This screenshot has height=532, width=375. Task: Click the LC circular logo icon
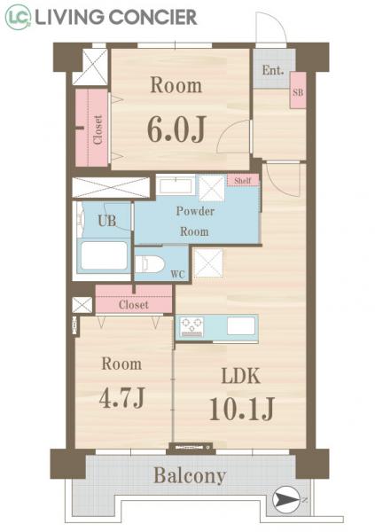18,17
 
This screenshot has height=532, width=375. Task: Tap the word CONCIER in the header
152,18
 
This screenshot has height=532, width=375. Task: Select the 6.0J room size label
176,129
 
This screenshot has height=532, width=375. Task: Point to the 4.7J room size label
122,397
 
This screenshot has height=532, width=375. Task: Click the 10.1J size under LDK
242,408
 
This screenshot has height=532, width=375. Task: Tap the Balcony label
190,475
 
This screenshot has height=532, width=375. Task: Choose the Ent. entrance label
273,70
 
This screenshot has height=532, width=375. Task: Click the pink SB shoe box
298,90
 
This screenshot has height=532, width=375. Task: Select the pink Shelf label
243,180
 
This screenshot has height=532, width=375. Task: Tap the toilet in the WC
150,264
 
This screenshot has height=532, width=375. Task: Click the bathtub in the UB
105,256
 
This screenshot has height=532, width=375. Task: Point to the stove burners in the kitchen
192,326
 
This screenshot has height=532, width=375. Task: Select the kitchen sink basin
241,325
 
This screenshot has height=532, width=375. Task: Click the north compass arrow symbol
286,499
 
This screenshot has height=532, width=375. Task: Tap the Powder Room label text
195,221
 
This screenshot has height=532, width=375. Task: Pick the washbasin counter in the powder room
176,185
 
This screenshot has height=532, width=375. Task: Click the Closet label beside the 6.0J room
98,130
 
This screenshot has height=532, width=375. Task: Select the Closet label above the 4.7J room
134,305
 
